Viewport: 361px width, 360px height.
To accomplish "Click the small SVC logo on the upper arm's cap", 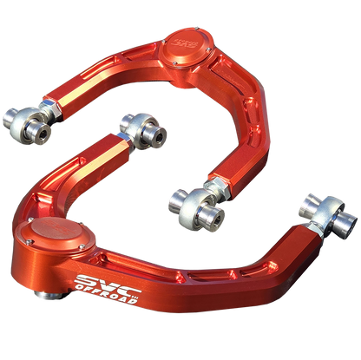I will pos(183,39).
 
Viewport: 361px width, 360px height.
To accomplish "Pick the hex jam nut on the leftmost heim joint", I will pos(50,112).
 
